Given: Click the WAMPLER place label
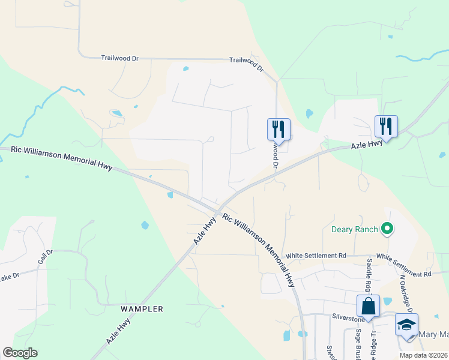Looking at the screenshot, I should click(142, 309).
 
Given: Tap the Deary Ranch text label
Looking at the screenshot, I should click(354, 229).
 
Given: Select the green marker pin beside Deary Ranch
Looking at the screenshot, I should click(387, 228).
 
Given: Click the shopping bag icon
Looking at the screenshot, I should click(368, 306).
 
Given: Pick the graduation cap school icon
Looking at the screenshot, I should click(406, 325).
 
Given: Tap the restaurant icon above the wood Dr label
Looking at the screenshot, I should click(279, 128).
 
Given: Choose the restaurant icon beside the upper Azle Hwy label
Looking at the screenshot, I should click(386, 126).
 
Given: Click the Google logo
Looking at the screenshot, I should click(20, 353).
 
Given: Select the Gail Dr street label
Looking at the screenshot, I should click(45, 257).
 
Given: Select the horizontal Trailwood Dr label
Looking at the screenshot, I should click(120, 58).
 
